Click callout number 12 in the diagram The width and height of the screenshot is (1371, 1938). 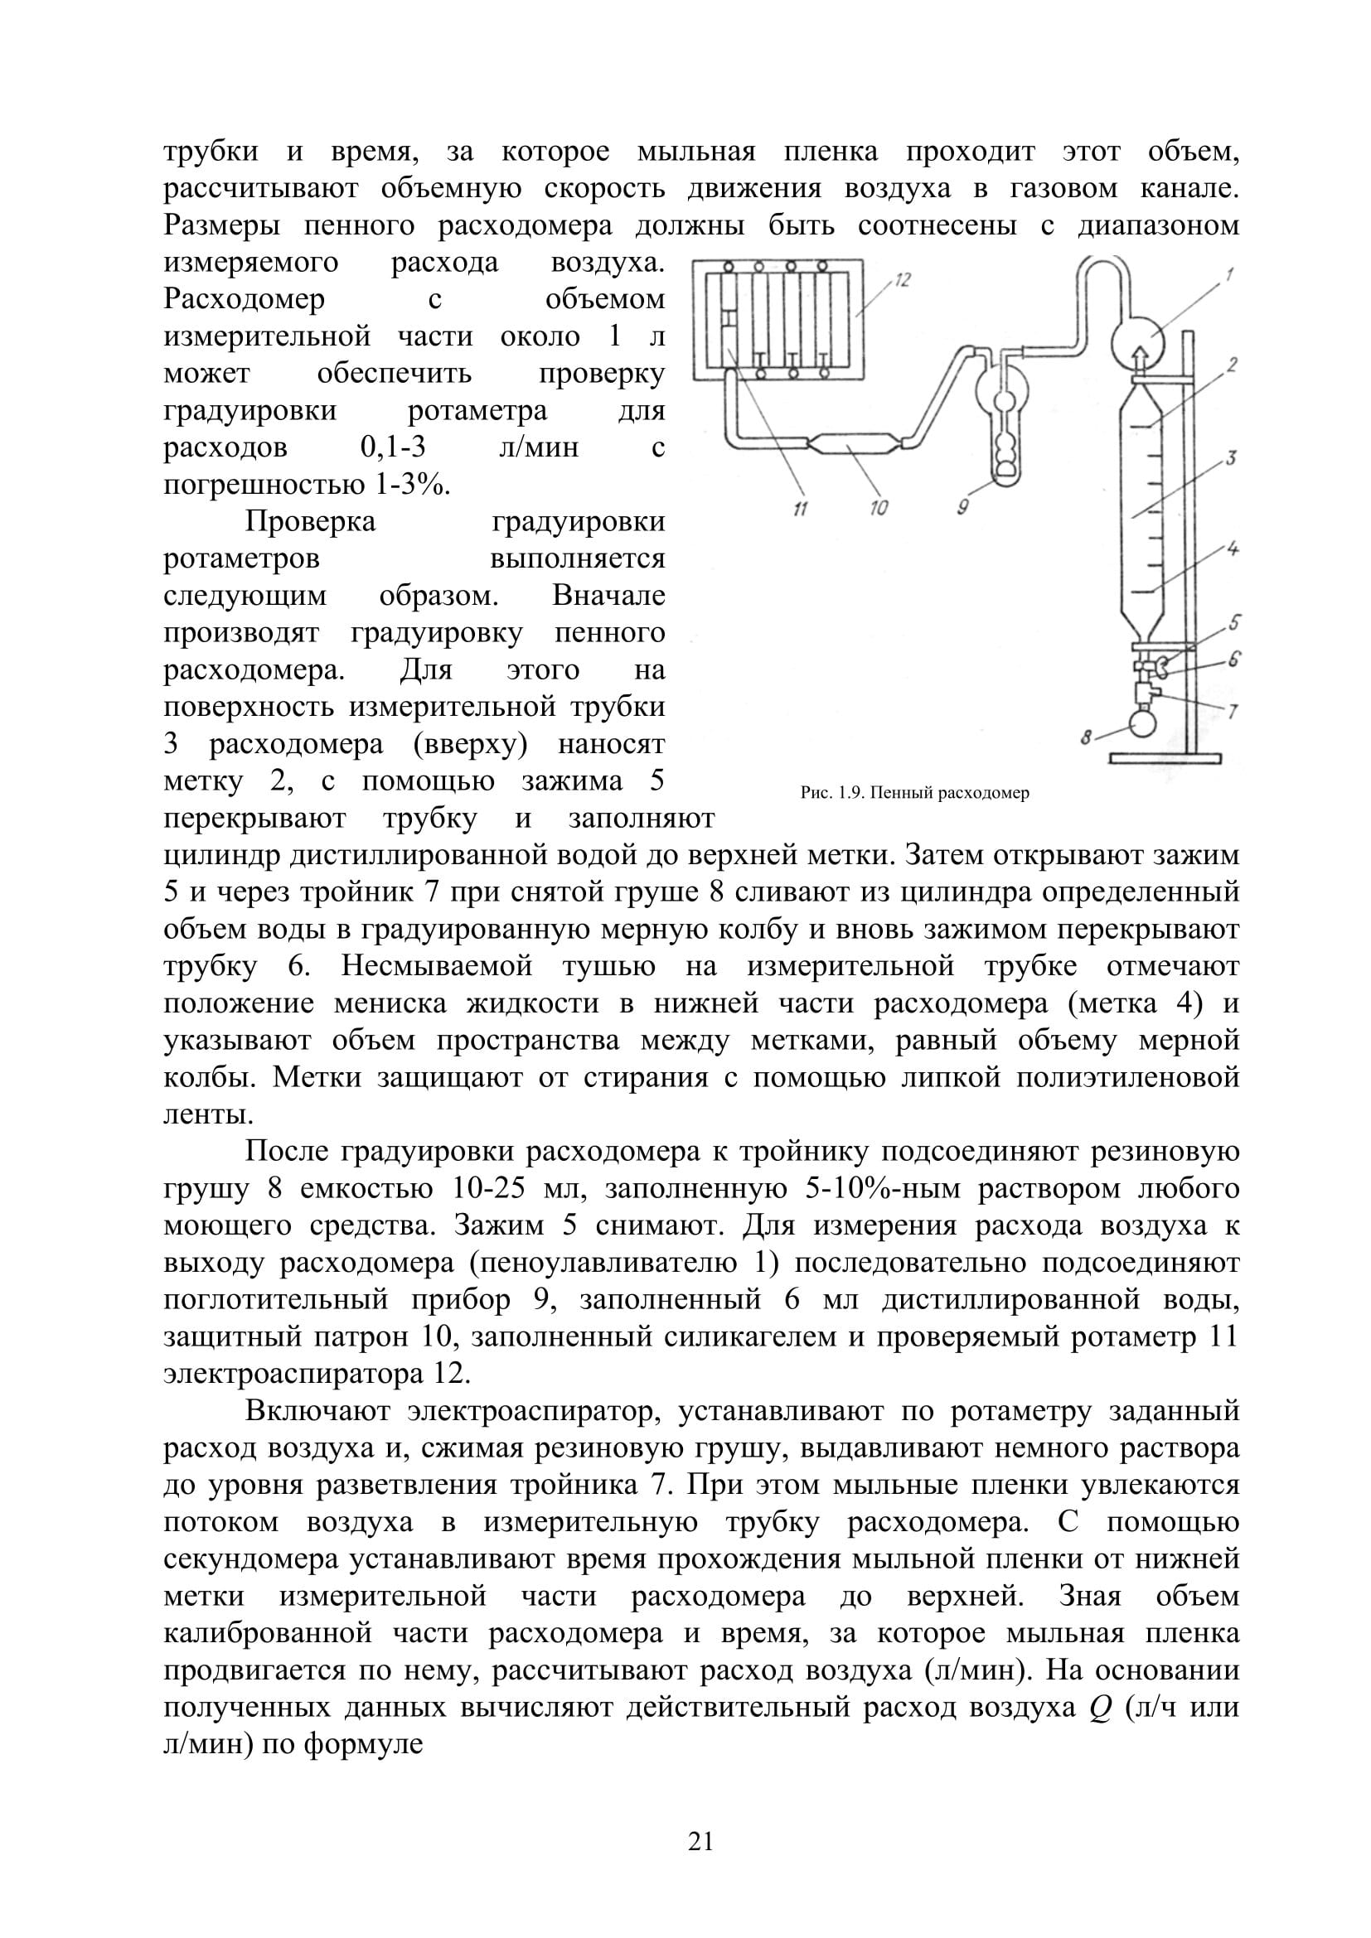tap(903, 281)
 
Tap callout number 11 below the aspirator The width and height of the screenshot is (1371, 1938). tap(802, 508)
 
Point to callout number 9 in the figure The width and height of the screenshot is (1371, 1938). tap(963, 506)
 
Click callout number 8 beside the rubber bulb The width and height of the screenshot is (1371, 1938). tap(1088, 737)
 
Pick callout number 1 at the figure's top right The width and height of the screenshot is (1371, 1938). tap(1229, 273)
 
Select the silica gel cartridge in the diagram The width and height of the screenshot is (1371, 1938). tap(855, 443)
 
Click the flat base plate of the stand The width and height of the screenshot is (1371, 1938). tap(1166, 759)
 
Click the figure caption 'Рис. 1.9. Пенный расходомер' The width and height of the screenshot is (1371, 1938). tap(914, 794)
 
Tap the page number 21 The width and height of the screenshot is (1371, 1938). tap(700, 1841)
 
